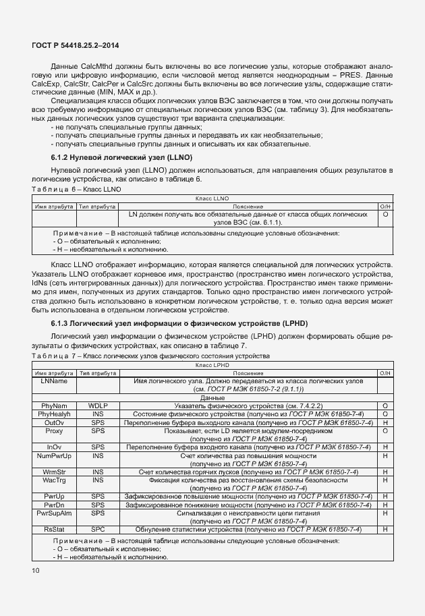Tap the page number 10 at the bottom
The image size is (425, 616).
point(35,571)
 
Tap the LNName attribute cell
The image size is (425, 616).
point(53,381)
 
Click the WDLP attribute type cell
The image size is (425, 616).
point(98,405)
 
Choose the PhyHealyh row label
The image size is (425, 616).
point(53,413)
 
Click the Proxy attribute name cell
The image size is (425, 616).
point(53,430)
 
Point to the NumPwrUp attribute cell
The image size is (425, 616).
point(53,455)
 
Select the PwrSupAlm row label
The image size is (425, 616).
point(53,513)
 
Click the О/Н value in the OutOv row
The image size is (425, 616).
point(385,422)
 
